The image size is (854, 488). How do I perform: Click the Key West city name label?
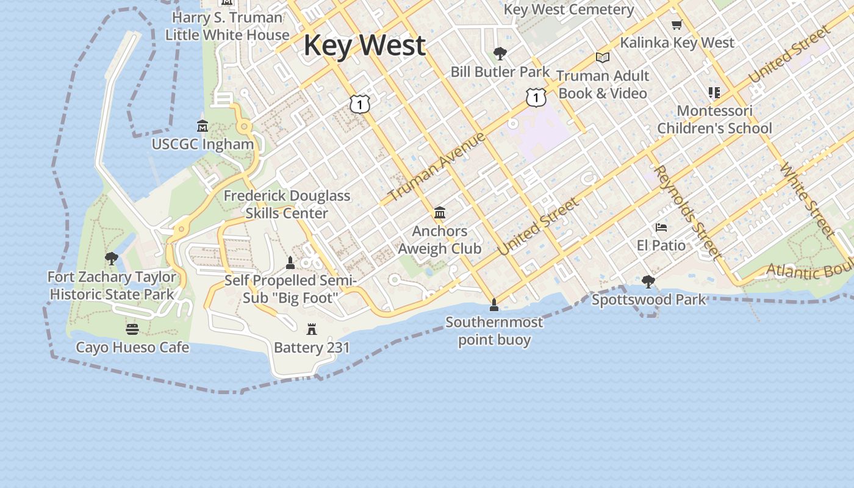(364, 46)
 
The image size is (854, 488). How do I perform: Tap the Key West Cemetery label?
(569, 10)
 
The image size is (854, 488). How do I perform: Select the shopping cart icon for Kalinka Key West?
(676, 25)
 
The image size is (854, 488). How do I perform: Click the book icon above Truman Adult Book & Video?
(603, 57)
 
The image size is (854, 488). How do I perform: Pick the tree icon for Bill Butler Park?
(500, 54)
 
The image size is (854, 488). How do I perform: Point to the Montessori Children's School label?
(714, 120)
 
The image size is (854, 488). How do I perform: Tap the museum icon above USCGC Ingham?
(203, 126)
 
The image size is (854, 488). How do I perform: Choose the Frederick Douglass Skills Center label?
(287, 204)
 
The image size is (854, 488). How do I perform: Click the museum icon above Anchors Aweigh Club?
(440, 213)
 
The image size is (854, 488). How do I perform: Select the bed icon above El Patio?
(661, 228)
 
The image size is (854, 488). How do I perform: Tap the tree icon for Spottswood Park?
(648, 282)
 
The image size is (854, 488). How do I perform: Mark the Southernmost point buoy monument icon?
(494, 304)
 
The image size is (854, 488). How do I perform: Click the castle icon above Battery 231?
(312, 330)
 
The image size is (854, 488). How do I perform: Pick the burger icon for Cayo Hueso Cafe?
(132, 329)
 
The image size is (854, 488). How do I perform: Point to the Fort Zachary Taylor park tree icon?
(112, 259)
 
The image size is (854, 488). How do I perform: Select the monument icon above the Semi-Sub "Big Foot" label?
(290, 263)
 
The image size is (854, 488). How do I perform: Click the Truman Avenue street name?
(437, 166)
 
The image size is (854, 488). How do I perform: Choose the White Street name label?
(806, 199)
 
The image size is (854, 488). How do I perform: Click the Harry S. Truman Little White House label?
(227, 26)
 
